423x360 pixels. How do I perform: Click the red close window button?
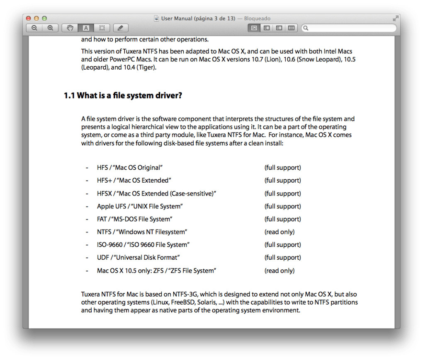click(x=29, y=19)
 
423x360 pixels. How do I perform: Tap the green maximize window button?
click(x=44, y=19)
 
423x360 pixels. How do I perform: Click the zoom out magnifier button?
click(x=34, y=28)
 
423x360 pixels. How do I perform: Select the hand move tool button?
click(x=70, y=28)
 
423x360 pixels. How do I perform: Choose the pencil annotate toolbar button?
click(x=120, y=28)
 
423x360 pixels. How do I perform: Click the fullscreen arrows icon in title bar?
click(x=395, y=19)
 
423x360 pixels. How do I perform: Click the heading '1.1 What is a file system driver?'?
click(x=123, y=96)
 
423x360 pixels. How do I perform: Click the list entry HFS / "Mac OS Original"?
click(x=130, y=168)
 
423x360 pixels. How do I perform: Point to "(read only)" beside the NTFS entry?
click(x=280, y=232)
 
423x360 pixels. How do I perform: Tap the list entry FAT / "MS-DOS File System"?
click(x=135, y=219)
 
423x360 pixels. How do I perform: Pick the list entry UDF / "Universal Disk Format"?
click(x=139, y=258)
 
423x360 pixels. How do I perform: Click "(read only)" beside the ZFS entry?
click(x=280, y=271)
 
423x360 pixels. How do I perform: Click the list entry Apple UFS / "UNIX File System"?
click(x=140, y=206)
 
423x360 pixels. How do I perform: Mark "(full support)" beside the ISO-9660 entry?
click(x=283, y=245)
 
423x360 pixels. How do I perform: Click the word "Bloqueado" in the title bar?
click(x=257, y=19)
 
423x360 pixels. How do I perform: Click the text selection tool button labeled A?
click(x=86, y=28)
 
